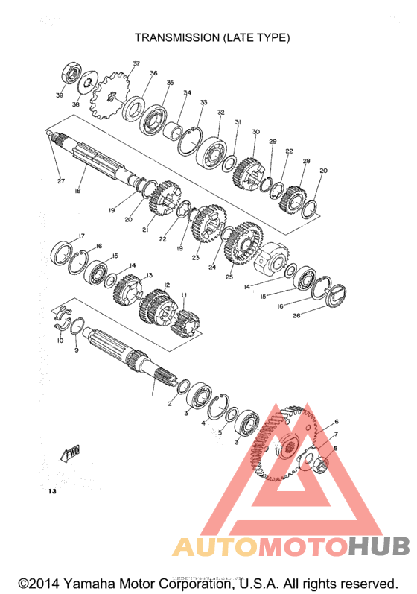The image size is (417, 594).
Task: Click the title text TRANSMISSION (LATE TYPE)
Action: coord(212,37)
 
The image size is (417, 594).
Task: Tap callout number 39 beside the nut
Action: coord(59,95)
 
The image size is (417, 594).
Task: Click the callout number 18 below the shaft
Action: coord(77,192)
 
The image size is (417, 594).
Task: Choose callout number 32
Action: coord(220,113)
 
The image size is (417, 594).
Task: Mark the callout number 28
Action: coord(306,161)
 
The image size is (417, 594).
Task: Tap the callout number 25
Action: coord(229,277)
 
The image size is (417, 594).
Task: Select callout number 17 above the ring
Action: coord(81,236)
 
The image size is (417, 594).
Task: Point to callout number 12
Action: coord(167,284)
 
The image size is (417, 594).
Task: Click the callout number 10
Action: coord(60,340)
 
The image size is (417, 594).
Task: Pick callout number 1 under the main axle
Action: coord(153,395)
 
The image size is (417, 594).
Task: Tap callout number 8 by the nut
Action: coord(335,448)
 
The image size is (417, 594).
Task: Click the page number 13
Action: coord(51,492)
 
